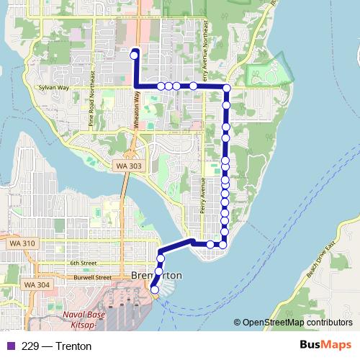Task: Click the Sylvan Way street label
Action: [54, 88]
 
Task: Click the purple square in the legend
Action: [9, 346]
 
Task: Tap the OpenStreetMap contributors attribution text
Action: [296, 323]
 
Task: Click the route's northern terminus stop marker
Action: [134, 53]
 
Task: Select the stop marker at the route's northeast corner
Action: [226, 89]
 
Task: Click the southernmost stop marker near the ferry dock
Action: [154, 289]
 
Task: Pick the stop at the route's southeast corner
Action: [222, 244]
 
